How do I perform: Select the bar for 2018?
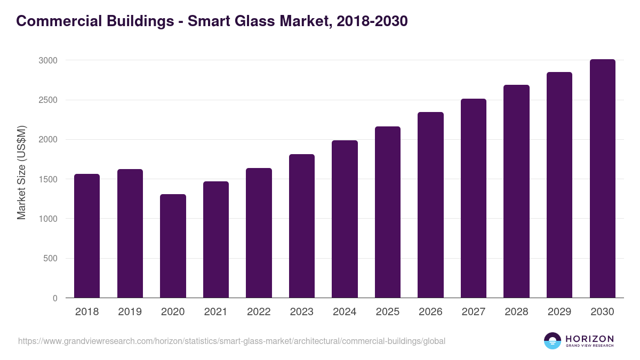(87, 236)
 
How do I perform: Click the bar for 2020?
(173, 246)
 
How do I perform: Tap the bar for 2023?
(302, 226)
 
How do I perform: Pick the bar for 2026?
(430, 205)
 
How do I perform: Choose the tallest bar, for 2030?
(602, 179)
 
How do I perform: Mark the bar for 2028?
(516, 191)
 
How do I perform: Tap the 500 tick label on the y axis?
(50, 259)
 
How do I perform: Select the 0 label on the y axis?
(55, 298)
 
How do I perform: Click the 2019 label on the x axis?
(130, 312)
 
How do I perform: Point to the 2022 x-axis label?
(259, 312)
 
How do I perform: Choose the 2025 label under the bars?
(388, 312)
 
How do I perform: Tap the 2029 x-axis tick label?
(559, 312)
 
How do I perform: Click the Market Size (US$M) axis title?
(21, 172)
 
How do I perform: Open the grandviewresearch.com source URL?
(231, 341)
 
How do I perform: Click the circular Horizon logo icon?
(553, 341)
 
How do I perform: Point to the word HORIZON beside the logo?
(590, 338)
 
